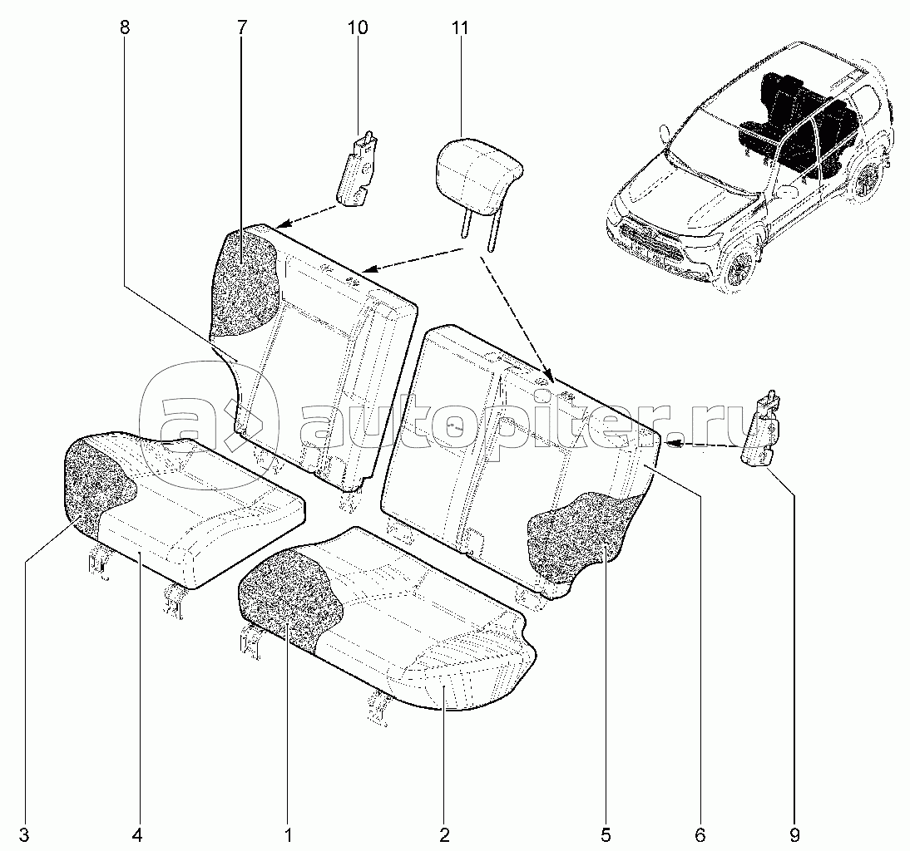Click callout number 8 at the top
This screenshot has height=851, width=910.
126,27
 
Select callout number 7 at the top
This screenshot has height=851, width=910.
241,27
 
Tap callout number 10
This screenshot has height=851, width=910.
358,27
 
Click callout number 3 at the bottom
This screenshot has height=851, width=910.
24,835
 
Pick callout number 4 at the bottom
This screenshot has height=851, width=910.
137,835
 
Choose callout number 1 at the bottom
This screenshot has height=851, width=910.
288,835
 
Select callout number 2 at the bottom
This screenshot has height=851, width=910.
444,835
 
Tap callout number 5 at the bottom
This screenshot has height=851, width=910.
606,835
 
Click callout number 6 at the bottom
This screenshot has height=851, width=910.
700,835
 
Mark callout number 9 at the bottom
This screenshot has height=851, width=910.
794,835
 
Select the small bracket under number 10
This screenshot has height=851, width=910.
358,168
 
